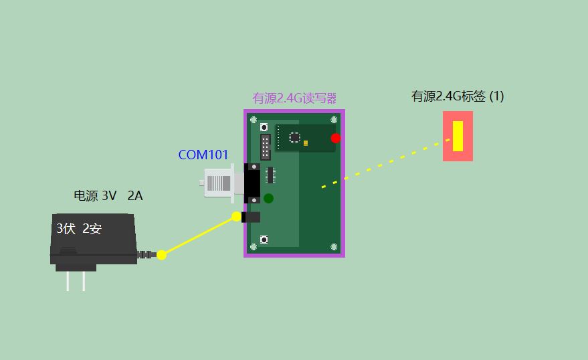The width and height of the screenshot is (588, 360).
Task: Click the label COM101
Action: click(203, 155)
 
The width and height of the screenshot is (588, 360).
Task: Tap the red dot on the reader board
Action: click(336, 139)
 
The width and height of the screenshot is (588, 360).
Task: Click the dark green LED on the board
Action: click(268, 198)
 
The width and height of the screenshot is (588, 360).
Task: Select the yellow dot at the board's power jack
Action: click(236, 216)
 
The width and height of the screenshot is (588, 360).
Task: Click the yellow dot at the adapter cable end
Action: click(161, 254)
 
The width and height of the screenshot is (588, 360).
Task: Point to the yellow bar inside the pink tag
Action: click(458, 137)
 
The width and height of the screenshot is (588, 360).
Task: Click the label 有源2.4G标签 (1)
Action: click(458, 96)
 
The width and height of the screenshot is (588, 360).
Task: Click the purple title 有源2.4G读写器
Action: click(294, 98)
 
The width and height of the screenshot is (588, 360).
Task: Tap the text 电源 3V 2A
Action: click(108, 196)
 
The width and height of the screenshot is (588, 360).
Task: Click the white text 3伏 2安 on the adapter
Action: click(79, 229)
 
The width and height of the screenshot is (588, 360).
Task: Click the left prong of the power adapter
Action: click(68, 281)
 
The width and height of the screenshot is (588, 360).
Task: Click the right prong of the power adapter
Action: click(84, 281)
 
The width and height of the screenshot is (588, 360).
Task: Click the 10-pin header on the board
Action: click(266, 147)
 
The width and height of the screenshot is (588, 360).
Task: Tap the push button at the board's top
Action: click(264, 126)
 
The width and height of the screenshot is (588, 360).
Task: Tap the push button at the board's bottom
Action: click(264, 240)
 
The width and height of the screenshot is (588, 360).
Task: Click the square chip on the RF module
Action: click(294, 137)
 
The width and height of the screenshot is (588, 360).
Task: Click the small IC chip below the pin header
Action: click(271, 175)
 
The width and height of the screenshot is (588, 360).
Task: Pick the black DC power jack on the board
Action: click(252, 217)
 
